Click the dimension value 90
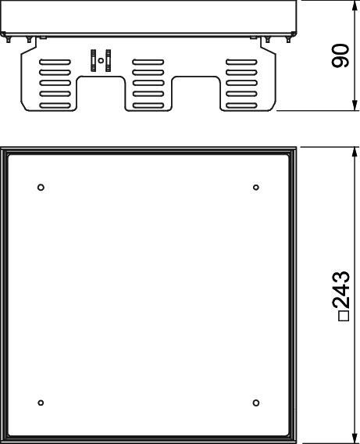pyautogui.click(x=340, y=55)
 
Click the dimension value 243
pyautogui.click(x=340, y=290)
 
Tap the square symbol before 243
pyautogui.click(x=344, y=316)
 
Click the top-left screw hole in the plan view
pyautogui.click(x=41, y=187)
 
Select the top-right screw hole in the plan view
pyautogui.click(x=256, y=187)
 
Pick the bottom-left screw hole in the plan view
pyautogui.click(x=41, y=403)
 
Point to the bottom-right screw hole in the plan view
pyautogui.click(x=256, y=403)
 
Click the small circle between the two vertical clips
pyautogui.click(x=101, y=60)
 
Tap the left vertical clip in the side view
pyautogui.click(x=93, y=60)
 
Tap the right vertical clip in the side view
pyautogui.click(x=108, y=60)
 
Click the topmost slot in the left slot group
pyautogui.click(x=55, y=62)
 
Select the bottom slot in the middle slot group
pyautogui.click(x=148, y=106)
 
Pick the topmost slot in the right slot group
pyautogui.click(x=241, y=62)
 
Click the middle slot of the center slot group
pyautogui.click(x=148, y=84)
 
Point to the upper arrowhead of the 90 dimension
pyautogui.click(x=355, y=5)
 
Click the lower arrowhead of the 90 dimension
pyautogui.click(x=355, y=106)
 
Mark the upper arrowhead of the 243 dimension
pyautogui.click(x=355, y=152)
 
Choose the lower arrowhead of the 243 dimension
pyautogui.click(x=355, y=439)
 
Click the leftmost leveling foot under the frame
pyautogui.click(x=8, y=40)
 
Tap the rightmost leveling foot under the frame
pyautogui.click(x=288, y=40)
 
